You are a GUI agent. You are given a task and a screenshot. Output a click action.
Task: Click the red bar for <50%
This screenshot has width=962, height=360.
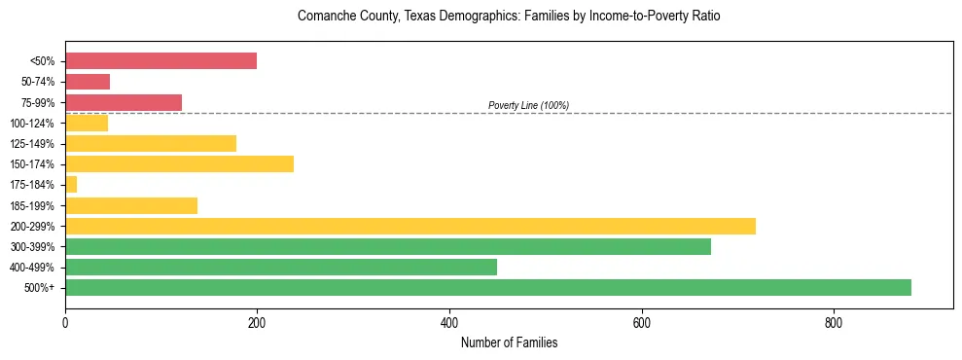coord(160,61)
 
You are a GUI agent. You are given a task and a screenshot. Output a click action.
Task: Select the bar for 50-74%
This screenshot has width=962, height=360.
coord(88,82)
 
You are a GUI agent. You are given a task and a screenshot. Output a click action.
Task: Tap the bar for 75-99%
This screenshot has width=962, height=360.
coord(124,102)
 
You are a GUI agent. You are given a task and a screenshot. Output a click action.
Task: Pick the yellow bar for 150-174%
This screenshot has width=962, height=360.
coord(179,163)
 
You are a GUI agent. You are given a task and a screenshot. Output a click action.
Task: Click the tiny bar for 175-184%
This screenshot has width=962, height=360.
coord(71,184)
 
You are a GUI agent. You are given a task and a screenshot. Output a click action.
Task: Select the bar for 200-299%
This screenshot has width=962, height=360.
coord(410,226)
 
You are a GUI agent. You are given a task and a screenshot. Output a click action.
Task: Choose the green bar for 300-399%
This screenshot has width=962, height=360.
coord(387,246)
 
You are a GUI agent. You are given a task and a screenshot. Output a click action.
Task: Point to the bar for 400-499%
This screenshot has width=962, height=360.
coord(280,267)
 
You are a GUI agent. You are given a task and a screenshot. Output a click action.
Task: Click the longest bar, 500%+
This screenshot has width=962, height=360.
coord(487,287)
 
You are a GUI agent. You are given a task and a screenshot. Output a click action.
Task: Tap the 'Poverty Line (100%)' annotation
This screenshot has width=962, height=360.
coord(528,105)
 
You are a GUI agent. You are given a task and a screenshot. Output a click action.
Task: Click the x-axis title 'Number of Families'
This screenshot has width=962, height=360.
coord(509,342)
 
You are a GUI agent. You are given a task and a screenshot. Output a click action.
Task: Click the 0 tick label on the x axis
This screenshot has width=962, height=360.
coord(65,323)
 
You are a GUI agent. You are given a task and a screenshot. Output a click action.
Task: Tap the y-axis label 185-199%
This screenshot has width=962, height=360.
coord(32,205)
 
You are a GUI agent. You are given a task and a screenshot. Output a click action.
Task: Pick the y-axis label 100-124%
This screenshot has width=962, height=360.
coord(32,123)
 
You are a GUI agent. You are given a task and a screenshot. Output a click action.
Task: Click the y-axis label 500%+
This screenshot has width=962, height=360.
coord(39,288)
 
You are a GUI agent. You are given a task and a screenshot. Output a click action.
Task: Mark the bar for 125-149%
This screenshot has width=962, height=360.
coord(151,143)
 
